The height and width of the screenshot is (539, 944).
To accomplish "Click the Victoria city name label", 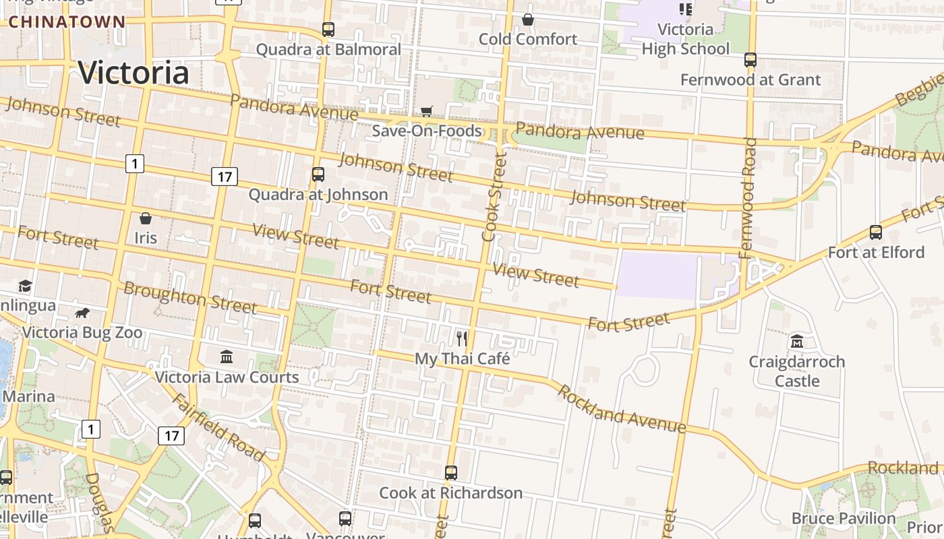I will coord(134,73).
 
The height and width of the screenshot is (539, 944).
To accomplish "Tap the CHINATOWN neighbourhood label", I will coord(67,22).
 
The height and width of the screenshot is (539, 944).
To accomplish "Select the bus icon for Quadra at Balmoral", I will coord(328,30).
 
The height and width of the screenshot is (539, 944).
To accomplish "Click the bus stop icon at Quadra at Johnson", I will coord(318,175).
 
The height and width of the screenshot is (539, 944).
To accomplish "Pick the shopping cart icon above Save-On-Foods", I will coord(426,111).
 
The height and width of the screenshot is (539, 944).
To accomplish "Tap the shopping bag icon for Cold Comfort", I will coord(528,20).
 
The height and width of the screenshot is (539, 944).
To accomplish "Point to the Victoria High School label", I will coord(685,39).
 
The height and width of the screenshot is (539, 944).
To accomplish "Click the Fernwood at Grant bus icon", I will coord(750,60).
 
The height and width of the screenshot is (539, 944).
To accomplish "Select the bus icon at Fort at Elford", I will coord(876,232).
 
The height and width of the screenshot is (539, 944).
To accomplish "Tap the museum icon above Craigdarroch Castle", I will coord(797,342).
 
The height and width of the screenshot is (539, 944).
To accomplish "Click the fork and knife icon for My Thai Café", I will coord(462,338).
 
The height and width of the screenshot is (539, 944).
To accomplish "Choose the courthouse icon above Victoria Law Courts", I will coord(227,356).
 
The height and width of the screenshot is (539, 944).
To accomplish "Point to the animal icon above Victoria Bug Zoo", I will coord(82,313).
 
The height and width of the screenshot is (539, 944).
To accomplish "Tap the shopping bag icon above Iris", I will coord(145,218).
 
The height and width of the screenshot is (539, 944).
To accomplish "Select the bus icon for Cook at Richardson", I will coord(451,473).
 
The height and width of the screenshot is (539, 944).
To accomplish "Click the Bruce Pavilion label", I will coord(844,518).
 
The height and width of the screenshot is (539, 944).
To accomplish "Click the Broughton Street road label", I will coord(190,298).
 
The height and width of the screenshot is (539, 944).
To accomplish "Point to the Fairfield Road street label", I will coord(217,427).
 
